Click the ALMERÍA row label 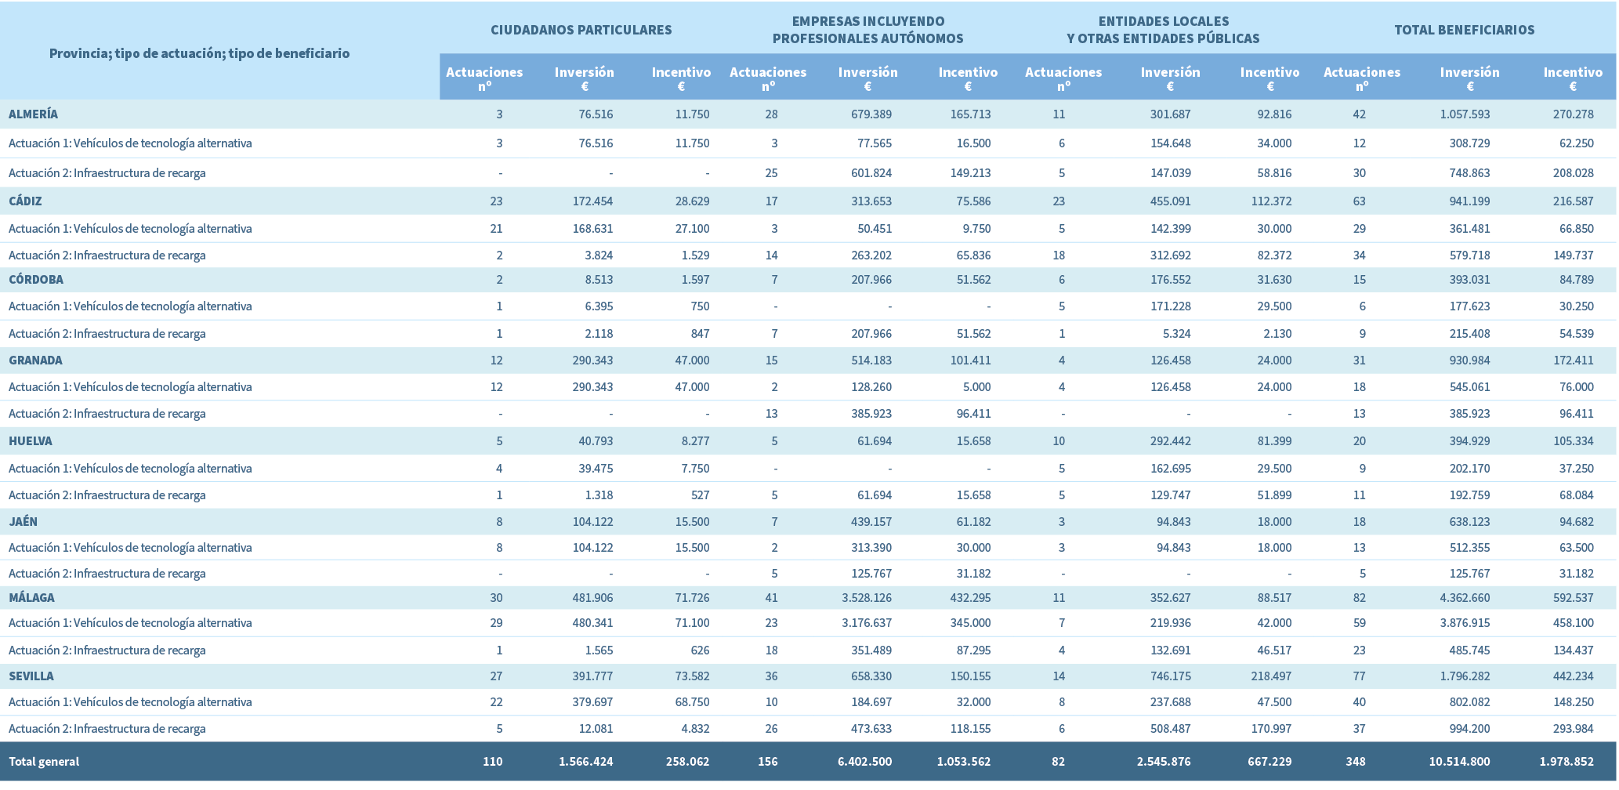33,114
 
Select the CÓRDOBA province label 36,280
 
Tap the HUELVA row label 31,441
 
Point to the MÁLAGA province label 31,598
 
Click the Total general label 44,762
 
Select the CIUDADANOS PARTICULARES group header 581,31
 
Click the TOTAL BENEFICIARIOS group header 1464,31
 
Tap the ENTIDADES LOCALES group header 1163,30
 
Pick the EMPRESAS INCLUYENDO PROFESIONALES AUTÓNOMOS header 867,30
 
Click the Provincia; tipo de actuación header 199,53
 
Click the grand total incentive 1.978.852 1566,762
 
